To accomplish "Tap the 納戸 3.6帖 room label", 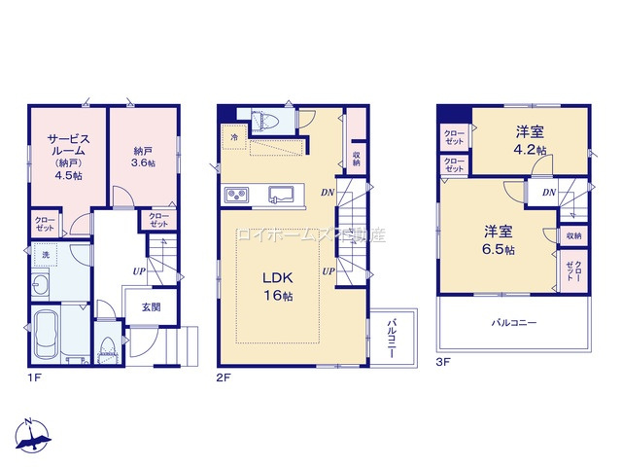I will [145, 158].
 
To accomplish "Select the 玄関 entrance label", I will [150, 306].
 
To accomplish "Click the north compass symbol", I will [32, 438].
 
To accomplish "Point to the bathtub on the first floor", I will [48, 337].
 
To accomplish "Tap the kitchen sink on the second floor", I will [282, 194].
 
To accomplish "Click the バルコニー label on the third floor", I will [514, 321].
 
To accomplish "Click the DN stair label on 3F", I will [549, 193].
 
